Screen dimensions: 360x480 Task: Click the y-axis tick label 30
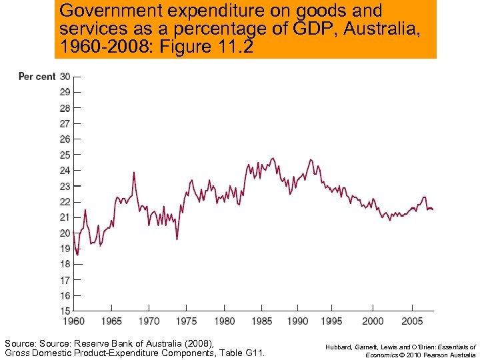coord(65,77)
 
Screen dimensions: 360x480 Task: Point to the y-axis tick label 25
coord(65,155)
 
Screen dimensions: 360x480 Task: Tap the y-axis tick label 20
coord(65,233)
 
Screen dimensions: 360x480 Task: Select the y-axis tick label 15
coord(65,311)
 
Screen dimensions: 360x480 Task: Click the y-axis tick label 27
coord(65,123)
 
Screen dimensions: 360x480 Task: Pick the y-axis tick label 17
coord(65,280)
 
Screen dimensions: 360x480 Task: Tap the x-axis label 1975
coord(186,321)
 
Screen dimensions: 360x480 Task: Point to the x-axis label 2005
coord(411,321)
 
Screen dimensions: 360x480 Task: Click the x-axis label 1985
coord(261,321)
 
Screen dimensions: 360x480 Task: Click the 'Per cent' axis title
coord(37,77)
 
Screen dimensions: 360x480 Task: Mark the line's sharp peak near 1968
coord(133,173)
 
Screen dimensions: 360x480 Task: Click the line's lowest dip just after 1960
coord(77,255)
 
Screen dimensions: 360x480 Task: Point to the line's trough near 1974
coord(177,239)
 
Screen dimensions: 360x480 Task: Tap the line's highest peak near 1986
coord(273,158)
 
